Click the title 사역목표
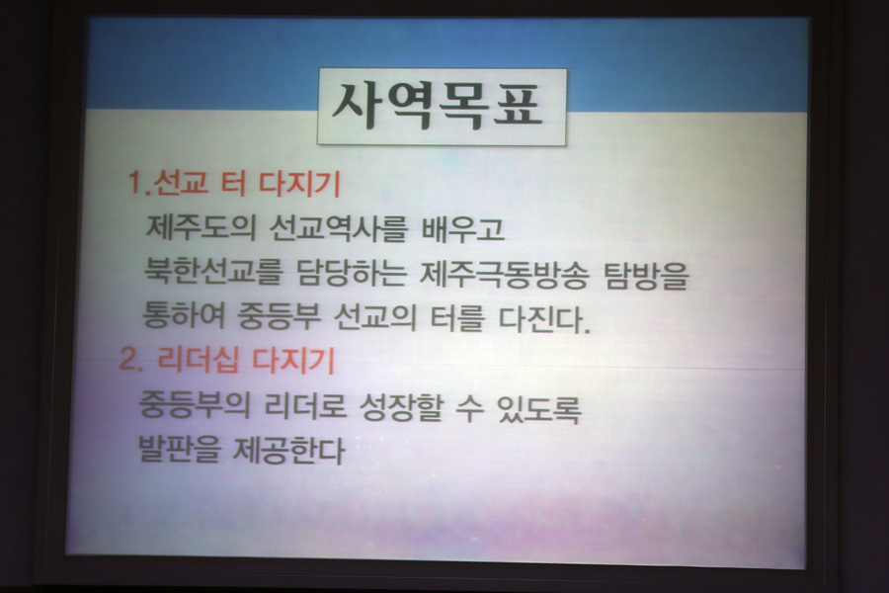click(x=438, y=106)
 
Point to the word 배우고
click(x=462, y=228)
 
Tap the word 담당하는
click(x=352, y=273)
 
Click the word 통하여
click(x=184, y=315)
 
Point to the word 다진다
click(x=545, y=319)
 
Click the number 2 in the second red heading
click(x=128, y=359)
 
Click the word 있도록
click(x=538, y=408)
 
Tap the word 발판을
click(x=179, y=449)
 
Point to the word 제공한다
click(x=288, y=450)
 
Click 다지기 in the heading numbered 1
click(x=300, y=183)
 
